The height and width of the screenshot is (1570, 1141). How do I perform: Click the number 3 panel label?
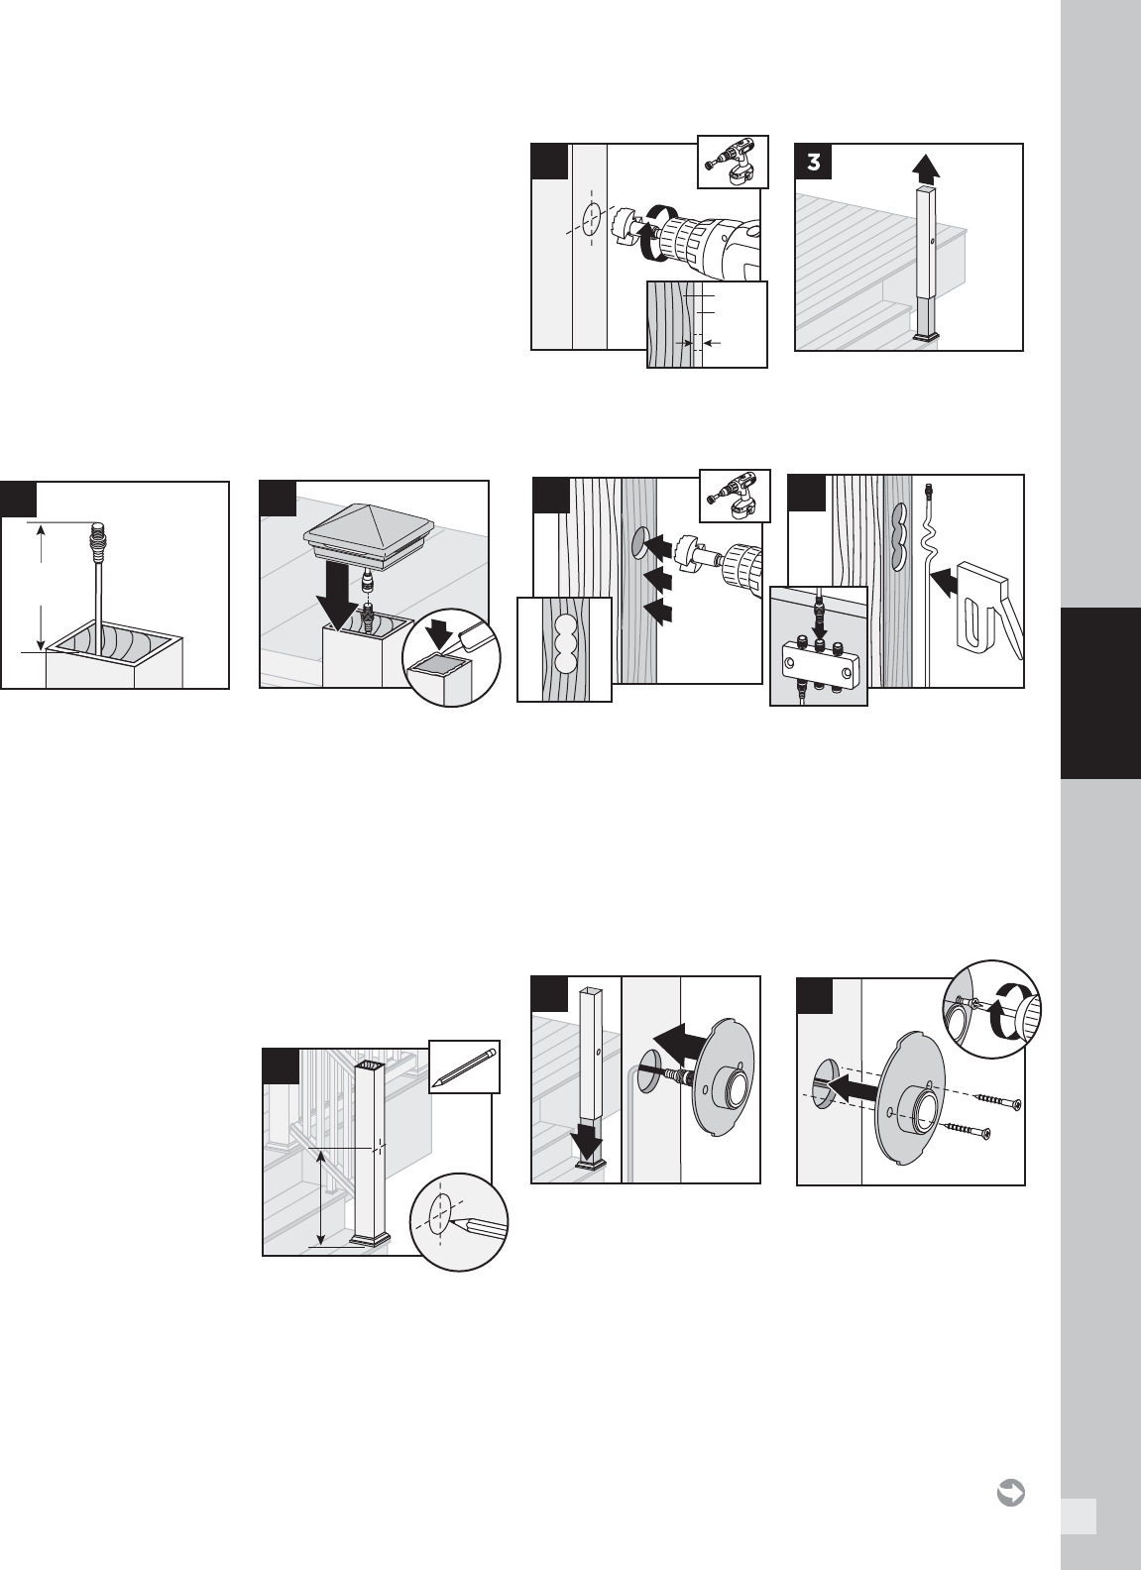click(x=813, y=162)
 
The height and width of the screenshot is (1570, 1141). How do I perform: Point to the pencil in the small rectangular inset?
click(x=464, y=1066)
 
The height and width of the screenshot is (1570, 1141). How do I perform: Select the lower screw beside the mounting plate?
click(x=967, y=1128)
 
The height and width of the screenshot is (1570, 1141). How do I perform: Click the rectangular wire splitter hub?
click(x=818, y=658)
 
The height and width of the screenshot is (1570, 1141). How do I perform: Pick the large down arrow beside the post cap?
click(x=339, y=597)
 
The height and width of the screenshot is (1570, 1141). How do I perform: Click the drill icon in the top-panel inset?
click(x=733, y=162)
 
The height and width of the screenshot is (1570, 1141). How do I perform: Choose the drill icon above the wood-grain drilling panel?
click(x=735, y=496)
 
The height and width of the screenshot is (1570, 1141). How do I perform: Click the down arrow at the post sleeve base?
click(x=588, y=1141)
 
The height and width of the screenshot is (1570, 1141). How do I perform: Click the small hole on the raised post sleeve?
click(x=932, y=241)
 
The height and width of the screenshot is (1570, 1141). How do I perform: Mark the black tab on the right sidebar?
click(x=1100, y=693)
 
